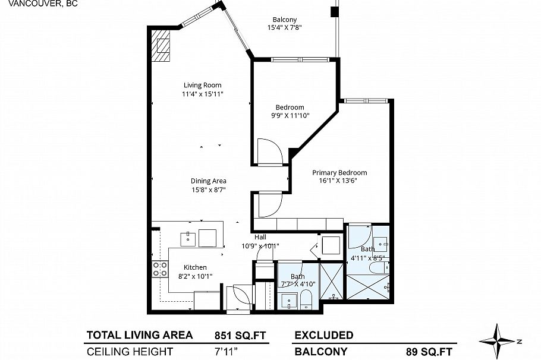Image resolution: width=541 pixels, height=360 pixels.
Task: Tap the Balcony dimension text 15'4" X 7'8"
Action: pos(285,26)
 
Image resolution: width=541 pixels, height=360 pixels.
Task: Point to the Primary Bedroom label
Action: pos(339,173)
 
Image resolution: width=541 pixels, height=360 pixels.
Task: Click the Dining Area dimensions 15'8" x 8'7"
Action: pos(208,190)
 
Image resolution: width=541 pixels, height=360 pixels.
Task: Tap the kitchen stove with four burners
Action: pos(159,269)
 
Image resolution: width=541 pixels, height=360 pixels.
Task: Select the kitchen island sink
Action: pos(188,237)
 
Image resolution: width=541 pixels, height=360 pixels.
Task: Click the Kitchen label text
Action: pos(194,267)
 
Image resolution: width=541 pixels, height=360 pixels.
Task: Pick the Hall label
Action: pos(260,237)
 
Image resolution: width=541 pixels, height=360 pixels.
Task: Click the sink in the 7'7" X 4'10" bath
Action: pos(290,299)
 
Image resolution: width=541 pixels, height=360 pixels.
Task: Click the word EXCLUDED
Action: pos(324,335)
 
